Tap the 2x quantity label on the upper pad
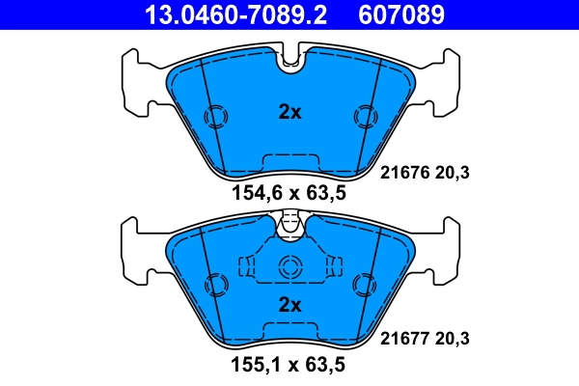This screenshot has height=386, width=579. tap(289, 112)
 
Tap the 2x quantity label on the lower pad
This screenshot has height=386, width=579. tap(289, 305)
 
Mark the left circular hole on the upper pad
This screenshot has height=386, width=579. tap(216, 116)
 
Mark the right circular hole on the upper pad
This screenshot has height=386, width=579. tap(364, 116)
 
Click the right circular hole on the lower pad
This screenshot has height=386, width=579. tap(364, 285)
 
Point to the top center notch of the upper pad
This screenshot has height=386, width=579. tap(289, 60)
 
